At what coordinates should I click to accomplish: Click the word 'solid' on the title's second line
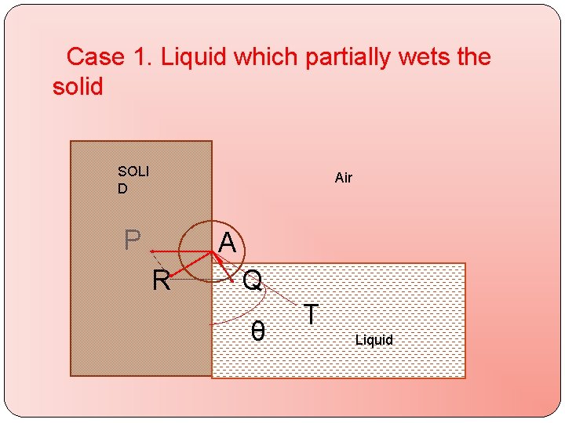[78, 86]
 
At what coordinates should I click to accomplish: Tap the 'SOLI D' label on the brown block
[132, 179]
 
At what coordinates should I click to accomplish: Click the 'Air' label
[344, 178]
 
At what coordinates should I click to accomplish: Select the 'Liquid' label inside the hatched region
[374, 340]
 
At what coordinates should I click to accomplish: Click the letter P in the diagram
[133, 240]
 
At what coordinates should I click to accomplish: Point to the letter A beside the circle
[227, 244]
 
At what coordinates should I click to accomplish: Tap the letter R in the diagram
[161, 280]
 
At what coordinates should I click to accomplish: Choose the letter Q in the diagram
[252, 280]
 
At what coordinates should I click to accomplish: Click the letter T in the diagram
[312, 314]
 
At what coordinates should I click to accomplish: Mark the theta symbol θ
[257, 331]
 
